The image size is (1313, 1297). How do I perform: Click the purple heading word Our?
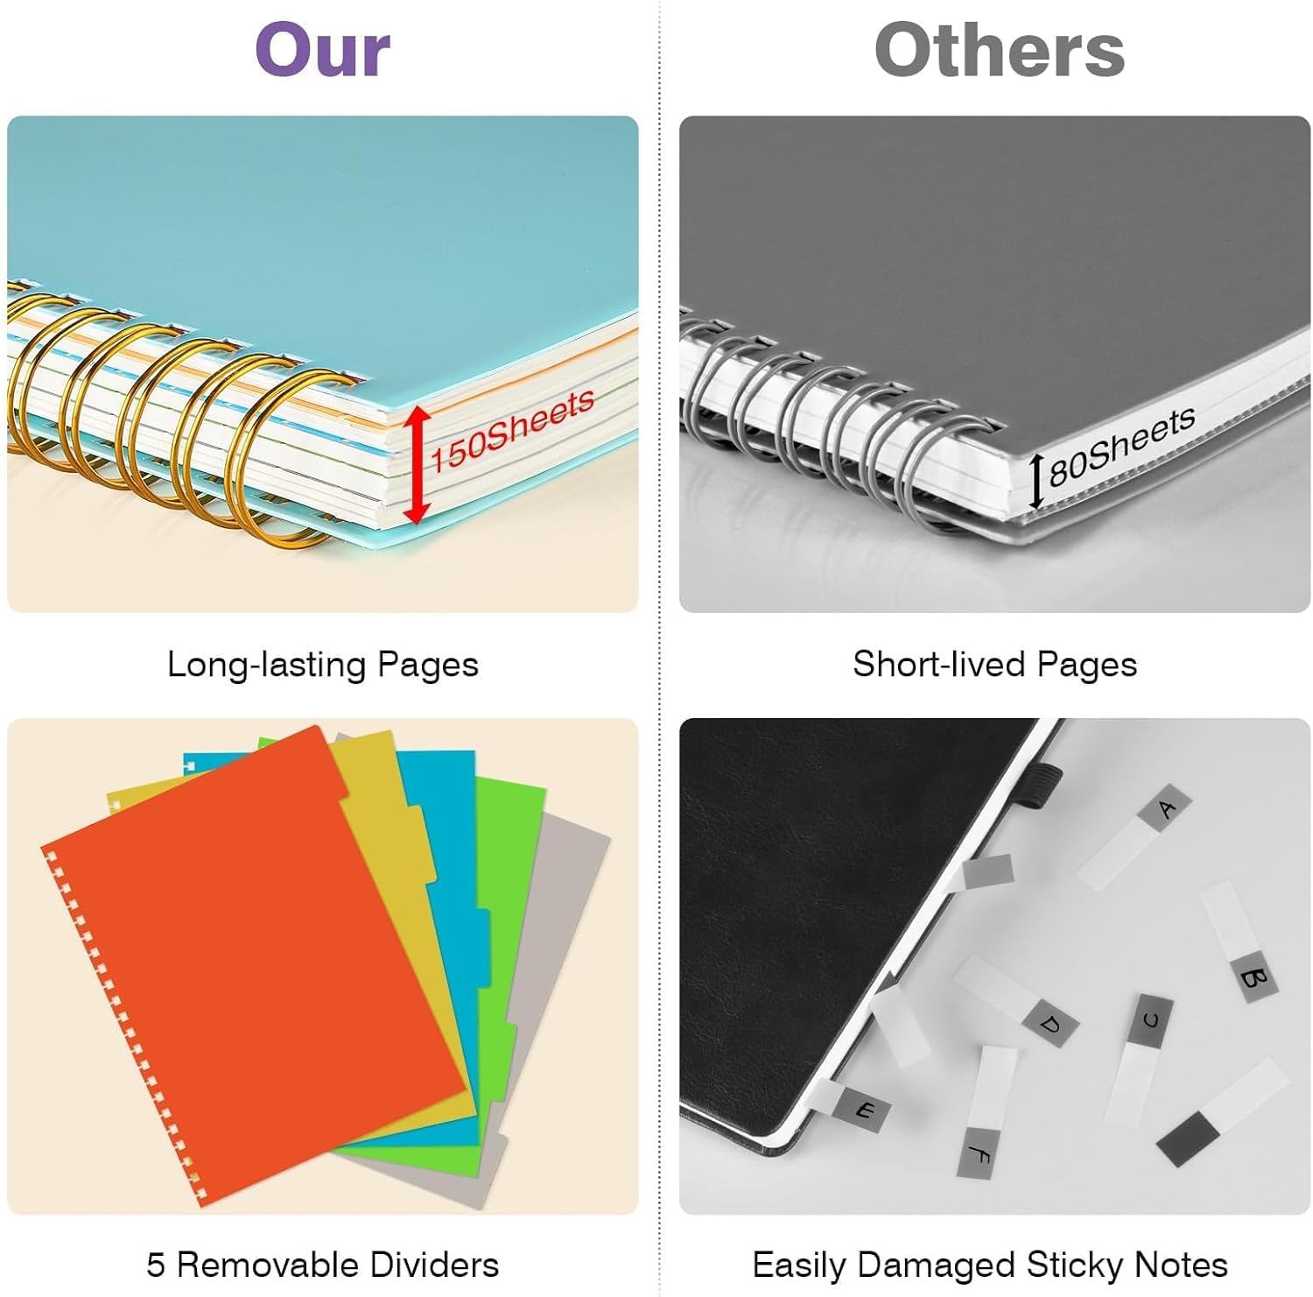click(x=322, y=50)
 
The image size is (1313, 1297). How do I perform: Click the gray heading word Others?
click(x=1000, y=50)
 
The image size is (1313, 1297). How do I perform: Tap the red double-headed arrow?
click(x=418, y=464)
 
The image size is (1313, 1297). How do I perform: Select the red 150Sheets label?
click(x=512, y=429)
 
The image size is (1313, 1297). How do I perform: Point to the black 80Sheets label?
click(x=1122, y=446)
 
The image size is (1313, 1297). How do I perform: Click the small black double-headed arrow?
click(x=1036, y=481)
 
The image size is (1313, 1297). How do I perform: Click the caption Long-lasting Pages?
click(x=323, y=665)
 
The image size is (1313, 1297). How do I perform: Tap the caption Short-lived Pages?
click(x=995, y=664)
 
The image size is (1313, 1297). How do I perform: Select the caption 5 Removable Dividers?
click(x=322, y=1265)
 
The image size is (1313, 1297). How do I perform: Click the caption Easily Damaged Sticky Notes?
click(x=990, y=1265)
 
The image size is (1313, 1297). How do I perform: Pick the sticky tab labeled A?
click(x=1134, y=836)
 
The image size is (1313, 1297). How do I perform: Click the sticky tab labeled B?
click(x=1238, y=942)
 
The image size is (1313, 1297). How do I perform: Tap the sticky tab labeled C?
click(x=1139, y=1058)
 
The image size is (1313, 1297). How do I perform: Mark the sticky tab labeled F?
click(x=987, y=1111)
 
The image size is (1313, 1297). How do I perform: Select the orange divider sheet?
click(x=254, y=963)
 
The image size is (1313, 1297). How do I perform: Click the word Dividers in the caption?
click(x=434, y=1265)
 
